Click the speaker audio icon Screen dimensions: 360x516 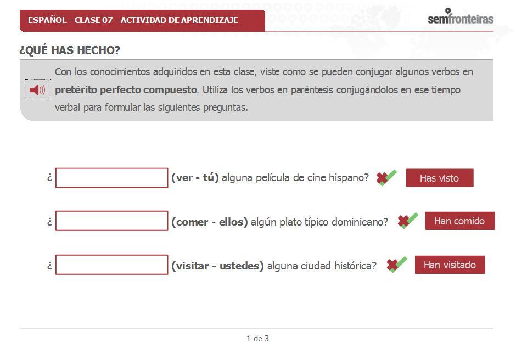coord(37,90)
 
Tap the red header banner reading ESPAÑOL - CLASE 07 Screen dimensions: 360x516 coord(142,20)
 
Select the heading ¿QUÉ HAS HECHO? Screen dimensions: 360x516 coord(70,50)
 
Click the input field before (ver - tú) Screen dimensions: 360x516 coord(111,178)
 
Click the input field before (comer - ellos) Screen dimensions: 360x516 coord(111,221)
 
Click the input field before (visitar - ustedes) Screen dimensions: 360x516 coord(111,265)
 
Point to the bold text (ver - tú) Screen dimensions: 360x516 coord(195,178)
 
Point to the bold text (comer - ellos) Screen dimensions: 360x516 coord(209,222)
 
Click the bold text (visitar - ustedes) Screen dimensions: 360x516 coord(217,266)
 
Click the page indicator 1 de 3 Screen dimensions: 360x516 coord(257,339)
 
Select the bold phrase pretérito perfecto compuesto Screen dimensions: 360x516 coord(126,90)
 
